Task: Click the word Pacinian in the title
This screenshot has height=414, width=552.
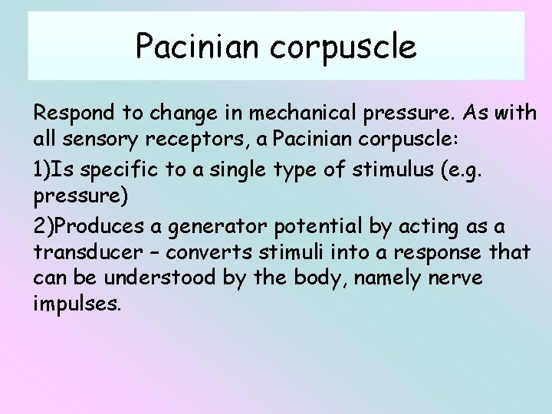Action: pos(199,47)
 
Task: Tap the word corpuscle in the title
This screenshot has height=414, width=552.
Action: pos(343,48)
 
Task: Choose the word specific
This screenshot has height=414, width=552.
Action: pos(120,170)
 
